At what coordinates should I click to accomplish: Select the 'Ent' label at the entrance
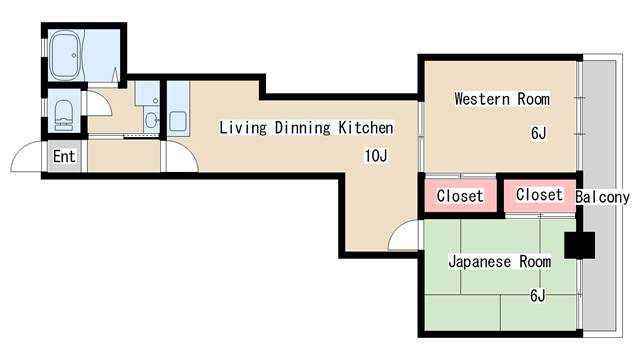[64, 156]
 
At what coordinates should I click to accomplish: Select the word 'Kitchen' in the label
[364, 128]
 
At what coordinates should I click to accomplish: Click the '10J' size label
[377, 155]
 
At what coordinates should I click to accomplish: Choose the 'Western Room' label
[502, 99]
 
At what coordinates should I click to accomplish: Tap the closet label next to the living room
[460, 196]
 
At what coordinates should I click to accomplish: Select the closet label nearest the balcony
[539, 195]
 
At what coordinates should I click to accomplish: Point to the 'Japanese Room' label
[499, 262]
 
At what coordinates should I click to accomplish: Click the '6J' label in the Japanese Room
[538, 295]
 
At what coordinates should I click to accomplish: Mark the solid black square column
[579, 245]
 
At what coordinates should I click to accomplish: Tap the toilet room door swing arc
[98, 103]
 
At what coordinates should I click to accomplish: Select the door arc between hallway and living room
[180, 157]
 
